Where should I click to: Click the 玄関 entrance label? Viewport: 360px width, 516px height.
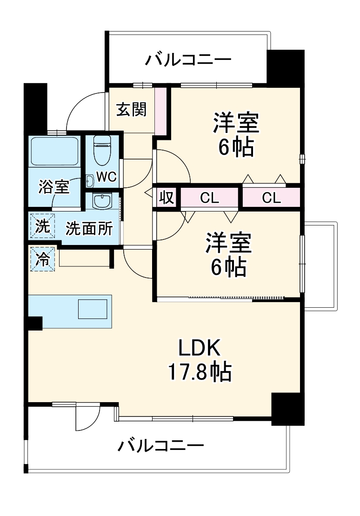(x=132, y=110)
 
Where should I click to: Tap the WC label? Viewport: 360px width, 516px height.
(x=106, y=177)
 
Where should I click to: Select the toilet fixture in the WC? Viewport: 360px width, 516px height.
(x=101, y=150)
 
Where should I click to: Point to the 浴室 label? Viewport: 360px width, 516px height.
(x=54, y=186)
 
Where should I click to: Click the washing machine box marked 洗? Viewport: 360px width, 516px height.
(x=42, y=226)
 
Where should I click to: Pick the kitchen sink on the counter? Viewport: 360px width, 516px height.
(x=93, y=309)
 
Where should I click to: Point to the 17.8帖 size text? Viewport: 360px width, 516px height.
(x=199, y=372)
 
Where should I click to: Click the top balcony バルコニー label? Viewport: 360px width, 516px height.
(x=188, y=60)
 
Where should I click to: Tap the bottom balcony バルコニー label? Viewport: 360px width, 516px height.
(x=160, y=447)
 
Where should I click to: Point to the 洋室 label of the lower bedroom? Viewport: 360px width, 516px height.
(x=229, y=243)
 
